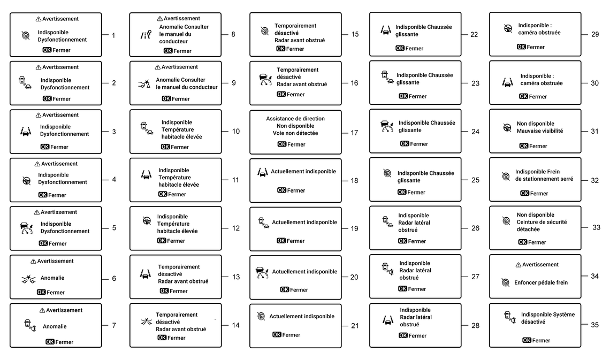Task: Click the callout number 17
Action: tap(354, 133)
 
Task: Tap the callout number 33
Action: tap(596, 227)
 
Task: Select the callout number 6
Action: tap(114, 278)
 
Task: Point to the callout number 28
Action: tap(474, 325)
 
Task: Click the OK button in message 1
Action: tap(47, 50)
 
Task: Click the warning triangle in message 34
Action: tap(518, 265)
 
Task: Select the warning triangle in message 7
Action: tap(42, 310)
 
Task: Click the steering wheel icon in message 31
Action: tap(506, 127)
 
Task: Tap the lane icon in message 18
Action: tap(262, 172)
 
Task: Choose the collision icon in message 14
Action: tap(145, 322)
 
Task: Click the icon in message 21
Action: tap(261, 316)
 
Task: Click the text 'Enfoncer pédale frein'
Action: tap(541, 282)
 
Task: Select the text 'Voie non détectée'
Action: tap(295, 133)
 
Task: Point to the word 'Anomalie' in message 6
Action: tap(52, 278)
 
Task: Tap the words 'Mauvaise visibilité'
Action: tap(539, 131)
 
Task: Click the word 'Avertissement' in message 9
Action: tap(180, 67)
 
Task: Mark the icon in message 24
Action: tap(386, 127)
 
